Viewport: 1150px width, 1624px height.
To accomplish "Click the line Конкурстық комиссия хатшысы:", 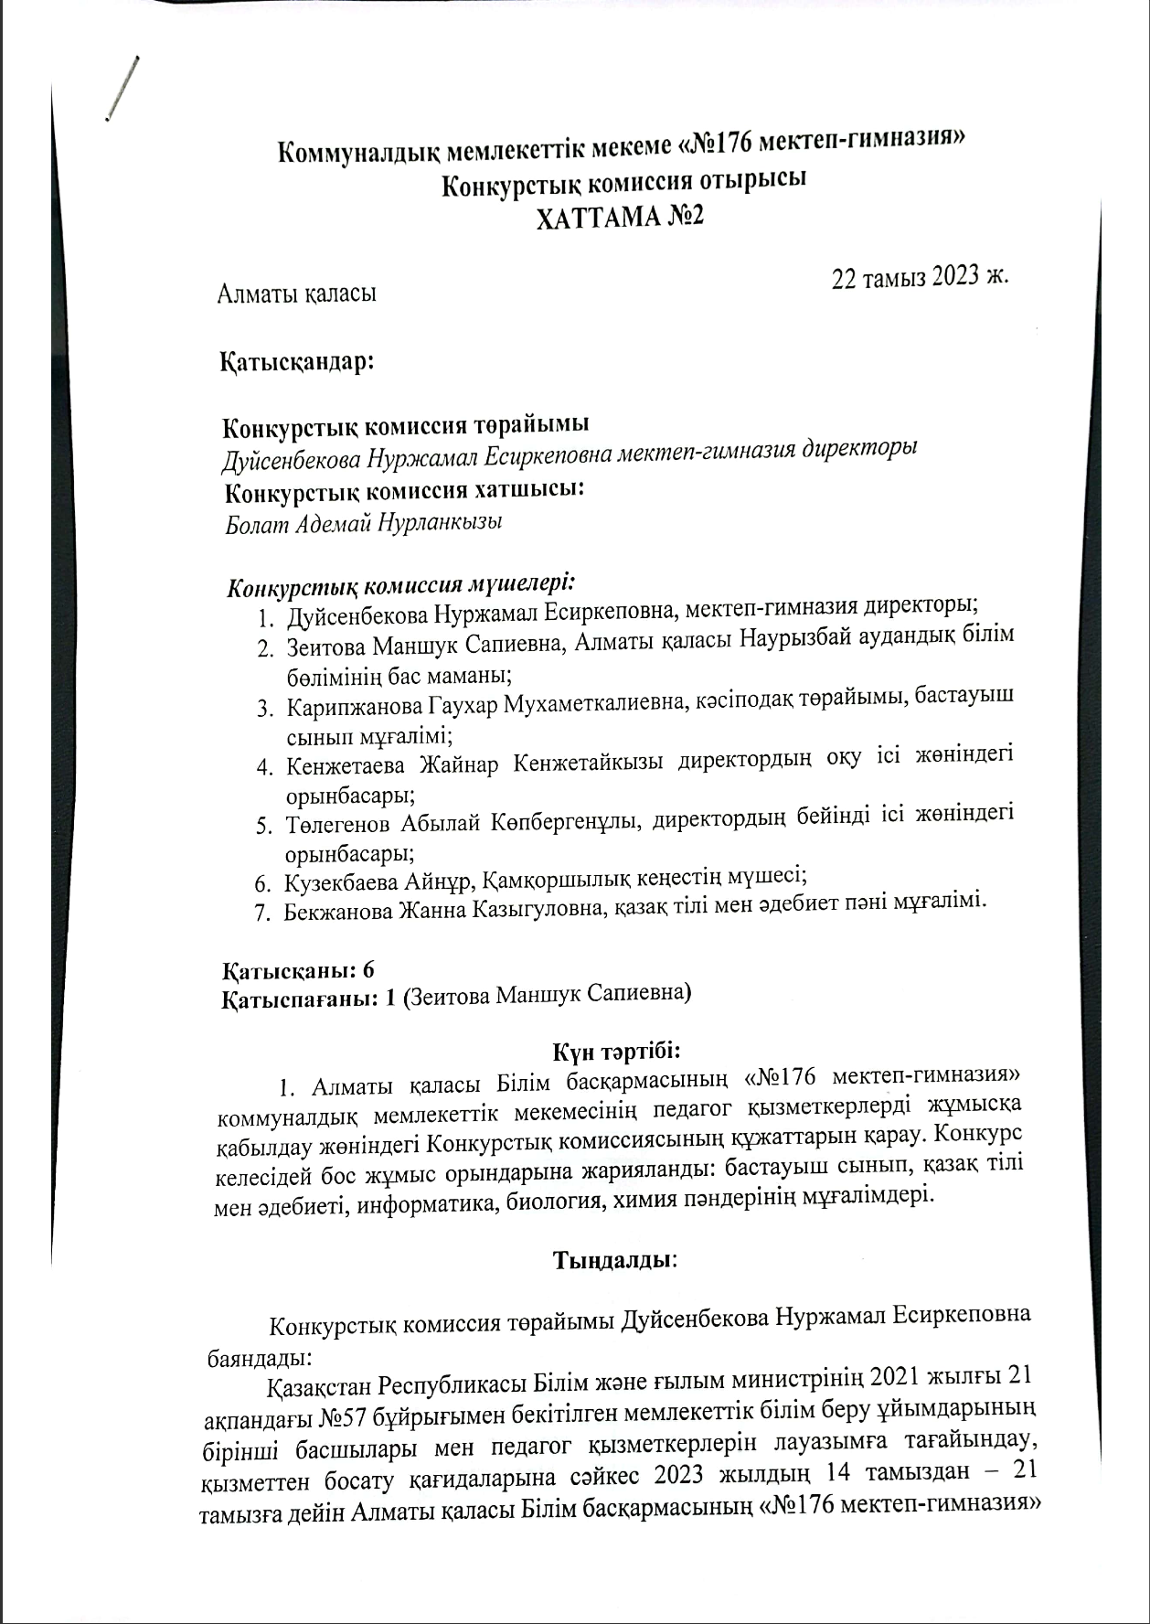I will tap(404, 490).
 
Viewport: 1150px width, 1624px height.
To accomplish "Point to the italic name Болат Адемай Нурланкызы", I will tap(364, 524).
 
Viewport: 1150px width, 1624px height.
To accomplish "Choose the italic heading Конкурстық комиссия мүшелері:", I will tap(400, 583).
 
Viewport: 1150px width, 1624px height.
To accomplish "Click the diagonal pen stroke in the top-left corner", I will tap(122, 89).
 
